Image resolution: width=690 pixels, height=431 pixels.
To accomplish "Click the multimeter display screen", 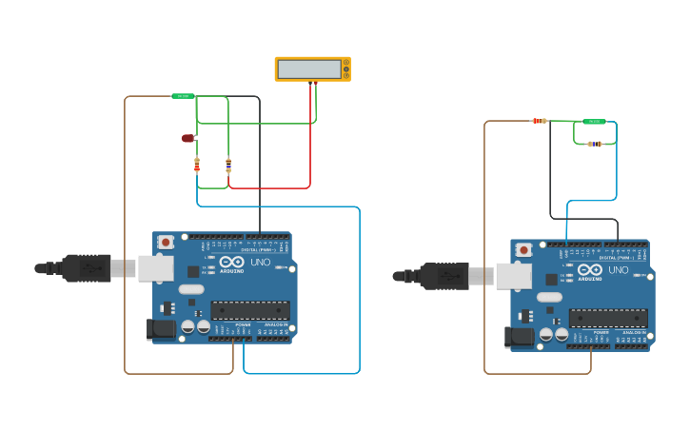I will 309,69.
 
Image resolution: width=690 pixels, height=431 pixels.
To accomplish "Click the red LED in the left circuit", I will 187,138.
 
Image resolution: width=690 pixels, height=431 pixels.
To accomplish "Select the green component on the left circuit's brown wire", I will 183,96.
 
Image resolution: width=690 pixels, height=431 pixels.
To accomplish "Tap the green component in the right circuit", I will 594,122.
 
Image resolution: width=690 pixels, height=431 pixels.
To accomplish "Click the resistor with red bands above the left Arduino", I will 197,166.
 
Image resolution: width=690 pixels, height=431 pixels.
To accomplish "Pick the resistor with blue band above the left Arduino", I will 228,165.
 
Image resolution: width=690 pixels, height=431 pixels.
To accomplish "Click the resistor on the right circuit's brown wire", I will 539,121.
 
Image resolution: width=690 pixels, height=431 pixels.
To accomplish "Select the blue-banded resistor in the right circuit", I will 595,144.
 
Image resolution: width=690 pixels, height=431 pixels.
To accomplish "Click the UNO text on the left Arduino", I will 260,262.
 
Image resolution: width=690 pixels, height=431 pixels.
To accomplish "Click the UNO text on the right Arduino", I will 618,270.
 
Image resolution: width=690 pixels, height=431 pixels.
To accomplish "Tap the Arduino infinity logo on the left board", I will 231,262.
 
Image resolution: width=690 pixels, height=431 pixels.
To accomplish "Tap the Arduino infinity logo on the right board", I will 589,270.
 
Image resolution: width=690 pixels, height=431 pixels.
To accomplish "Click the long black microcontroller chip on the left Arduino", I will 250,310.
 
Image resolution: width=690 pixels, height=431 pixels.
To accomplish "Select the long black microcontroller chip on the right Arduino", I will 608,318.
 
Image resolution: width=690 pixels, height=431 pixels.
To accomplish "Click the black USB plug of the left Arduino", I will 87,268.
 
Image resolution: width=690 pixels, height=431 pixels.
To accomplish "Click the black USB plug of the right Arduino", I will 444,276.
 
